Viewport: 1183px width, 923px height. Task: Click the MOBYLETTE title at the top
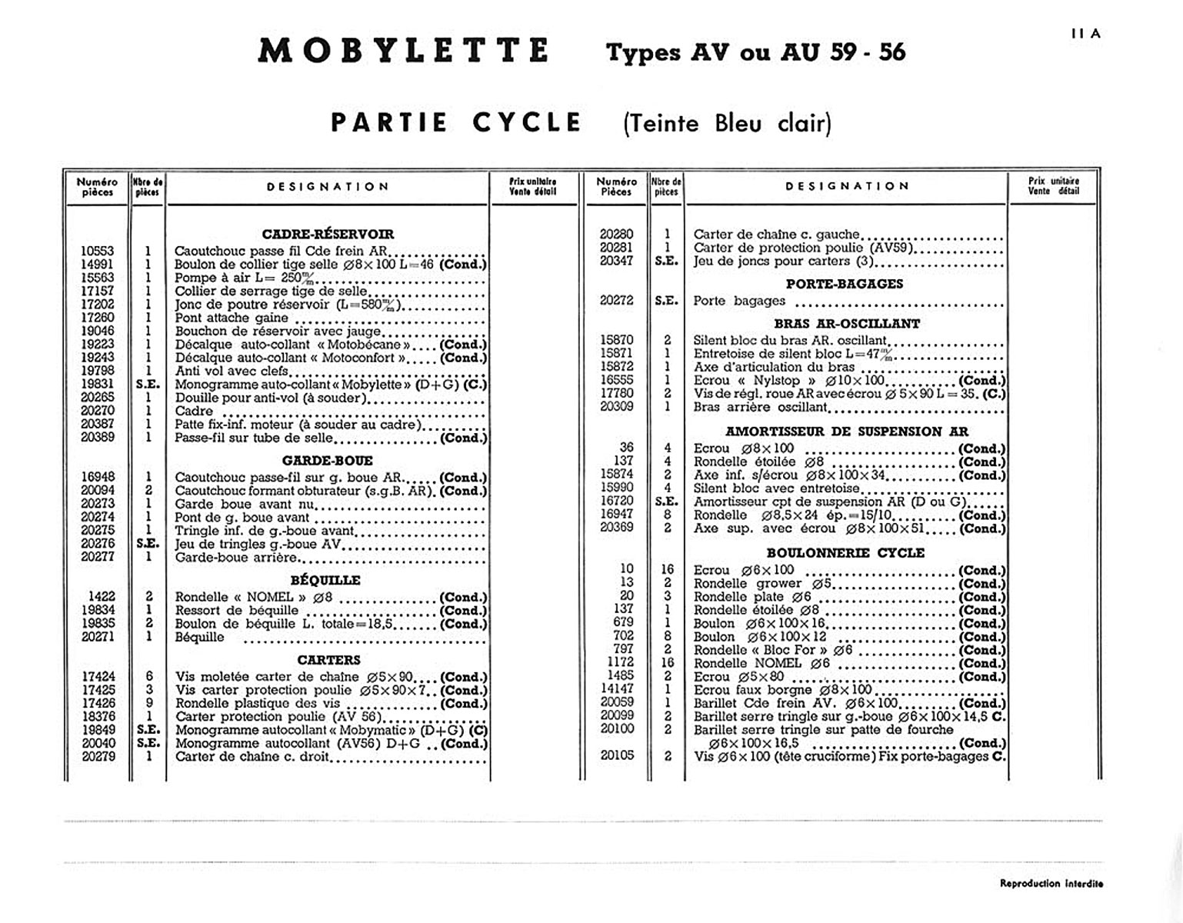[x=403, y=51]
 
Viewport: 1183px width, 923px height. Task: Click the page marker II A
[x=1085, y=34]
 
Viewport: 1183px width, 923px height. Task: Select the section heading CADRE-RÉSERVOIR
[x=328, y=234]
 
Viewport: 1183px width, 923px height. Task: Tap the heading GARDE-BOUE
[x=328, y=461]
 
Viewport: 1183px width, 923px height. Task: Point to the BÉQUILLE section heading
[x=325, y=580]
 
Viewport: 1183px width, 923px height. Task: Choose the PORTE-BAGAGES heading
[x=844, y=284]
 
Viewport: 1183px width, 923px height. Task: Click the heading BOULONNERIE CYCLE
[x=845, y=553]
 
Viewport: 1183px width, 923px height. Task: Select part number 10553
[x=98, y=251]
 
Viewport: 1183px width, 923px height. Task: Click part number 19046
[x=98, y=331]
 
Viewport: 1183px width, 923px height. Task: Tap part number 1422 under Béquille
[x=102, y=597]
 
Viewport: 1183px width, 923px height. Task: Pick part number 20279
[x=98, y=757]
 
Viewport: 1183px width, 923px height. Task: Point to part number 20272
[x=616, y=301]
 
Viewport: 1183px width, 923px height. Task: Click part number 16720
[x=616, y=501]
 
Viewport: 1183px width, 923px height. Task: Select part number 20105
[x=616, y=756]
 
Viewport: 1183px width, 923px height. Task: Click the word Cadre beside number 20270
[x=194, y=412]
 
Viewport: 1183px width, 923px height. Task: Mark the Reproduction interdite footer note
[x=1051, y=884]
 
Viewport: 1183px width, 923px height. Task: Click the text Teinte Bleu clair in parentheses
[x=727, y=123]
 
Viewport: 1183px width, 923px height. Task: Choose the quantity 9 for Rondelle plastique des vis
[x=148, y=703]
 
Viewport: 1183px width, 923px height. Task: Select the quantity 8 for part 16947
[x=667, y=515]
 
